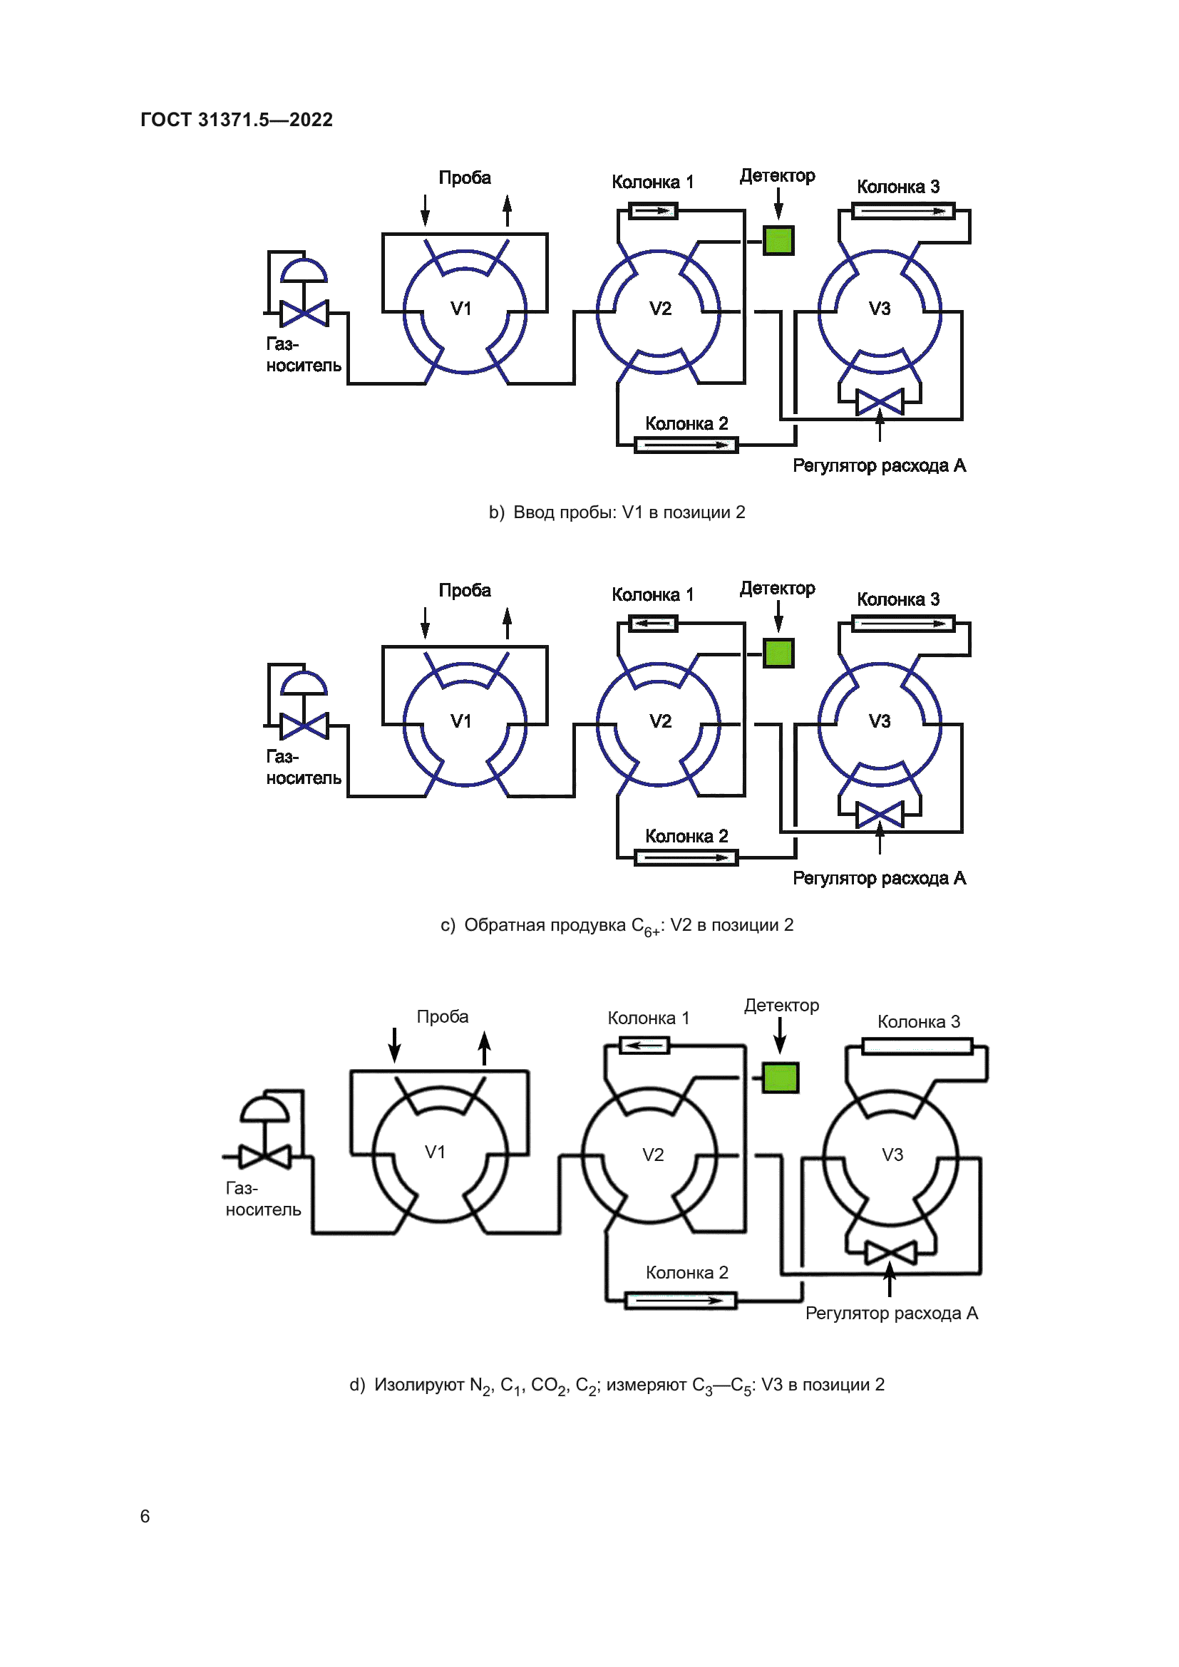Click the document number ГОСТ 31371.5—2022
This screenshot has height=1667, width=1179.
coord(237,120)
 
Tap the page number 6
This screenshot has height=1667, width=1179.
coord(145,1516)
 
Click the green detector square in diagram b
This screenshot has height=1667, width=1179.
coord(778,240)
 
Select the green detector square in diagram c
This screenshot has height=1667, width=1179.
coord(778,653)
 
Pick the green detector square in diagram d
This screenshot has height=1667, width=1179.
coord(781,1078)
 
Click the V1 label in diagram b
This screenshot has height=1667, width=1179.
coord(461,309)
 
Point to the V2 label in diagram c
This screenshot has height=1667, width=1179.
coord(661,721)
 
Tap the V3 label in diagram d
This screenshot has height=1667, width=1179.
coord(892,1155)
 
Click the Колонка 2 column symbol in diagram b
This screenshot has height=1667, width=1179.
coord(686,445)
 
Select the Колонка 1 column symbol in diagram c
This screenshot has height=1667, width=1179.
coord(653,624)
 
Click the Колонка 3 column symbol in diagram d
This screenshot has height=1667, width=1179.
coord(917,1046)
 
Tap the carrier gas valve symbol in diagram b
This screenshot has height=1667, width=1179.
coord(304,313)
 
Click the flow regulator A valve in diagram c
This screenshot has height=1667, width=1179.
coord(880,815)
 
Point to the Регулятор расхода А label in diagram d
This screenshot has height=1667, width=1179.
coord(892,1313)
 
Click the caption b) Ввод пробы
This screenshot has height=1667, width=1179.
coord(617,512)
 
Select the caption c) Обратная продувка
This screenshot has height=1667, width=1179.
coord(617,926)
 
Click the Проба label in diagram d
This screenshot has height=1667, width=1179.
coord(442,1016)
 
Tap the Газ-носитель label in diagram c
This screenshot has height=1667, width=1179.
coord(304,768)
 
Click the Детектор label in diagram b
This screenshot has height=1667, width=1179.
coord(778,176)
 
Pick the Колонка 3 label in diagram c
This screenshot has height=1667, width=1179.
coord(898,599)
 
